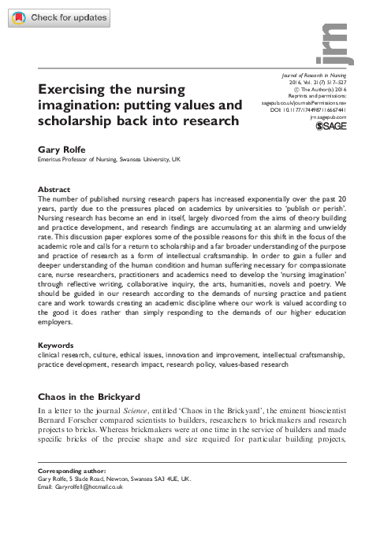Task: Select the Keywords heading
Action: point(58,367)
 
